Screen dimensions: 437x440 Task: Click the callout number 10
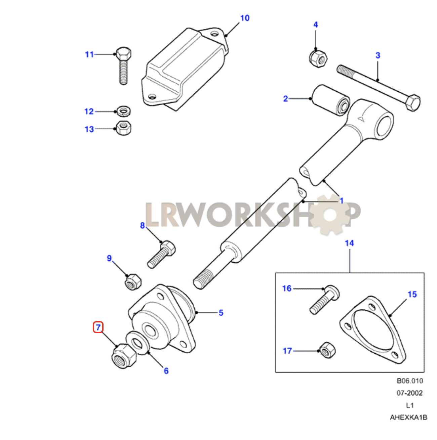coord(245,18)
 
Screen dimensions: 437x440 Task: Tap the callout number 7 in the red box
coord(98,327)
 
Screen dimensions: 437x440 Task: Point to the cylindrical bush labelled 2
coord(330,100)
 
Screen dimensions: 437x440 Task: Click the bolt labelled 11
coord(124,65)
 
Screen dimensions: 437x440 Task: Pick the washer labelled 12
coord(124,111)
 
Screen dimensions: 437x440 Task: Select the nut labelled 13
coord(124,128)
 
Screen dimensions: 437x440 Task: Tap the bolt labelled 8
coord(161,254)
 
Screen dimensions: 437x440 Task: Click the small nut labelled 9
coord(133,282)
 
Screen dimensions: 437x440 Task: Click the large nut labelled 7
coord(124,356)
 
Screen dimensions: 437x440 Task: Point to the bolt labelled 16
coord(324,300)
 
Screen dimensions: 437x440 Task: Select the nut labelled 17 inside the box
coord(327,351)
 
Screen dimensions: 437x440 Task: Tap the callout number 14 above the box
coord(349,244)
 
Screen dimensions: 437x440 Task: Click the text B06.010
coord(410,381)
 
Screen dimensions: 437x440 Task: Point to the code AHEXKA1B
coord(408,417)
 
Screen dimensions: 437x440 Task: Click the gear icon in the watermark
coord(329,215)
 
